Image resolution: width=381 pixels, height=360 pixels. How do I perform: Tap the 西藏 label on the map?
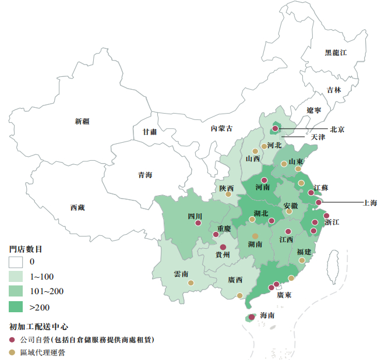pos(77,207)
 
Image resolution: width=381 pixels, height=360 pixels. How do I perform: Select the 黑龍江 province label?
pos(336,53)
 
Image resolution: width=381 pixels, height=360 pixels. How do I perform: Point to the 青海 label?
pos(145,175)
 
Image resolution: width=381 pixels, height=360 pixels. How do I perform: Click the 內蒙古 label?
pos(221,128)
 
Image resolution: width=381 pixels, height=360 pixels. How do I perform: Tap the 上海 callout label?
pos(369,203)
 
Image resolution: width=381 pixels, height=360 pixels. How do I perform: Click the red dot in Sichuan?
pos(198,223)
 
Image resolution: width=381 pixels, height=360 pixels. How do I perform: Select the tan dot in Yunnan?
pos(191,283)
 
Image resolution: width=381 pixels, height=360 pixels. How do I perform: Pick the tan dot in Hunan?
pos(255,236)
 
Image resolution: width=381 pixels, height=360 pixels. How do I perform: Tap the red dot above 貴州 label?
pos(223,247)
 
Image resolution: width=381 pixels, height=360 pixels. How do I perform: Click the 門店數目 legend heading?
pos(26,249)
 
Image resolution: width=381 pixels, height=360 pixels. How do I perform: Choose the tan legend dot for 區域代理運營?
pos(13,352)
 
